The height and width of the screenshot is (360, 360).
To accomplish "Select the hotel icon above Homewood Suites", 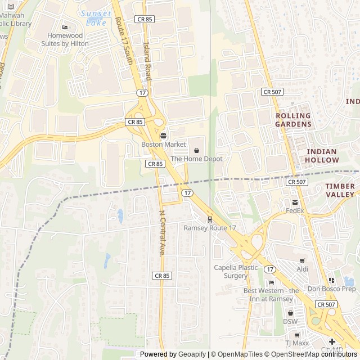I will (65, 27).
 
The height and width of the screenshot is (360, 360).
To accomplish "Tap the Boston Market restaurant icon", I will (163, 136).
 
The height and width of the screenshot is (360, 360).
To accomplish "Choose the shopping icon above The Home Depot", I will (196, 150).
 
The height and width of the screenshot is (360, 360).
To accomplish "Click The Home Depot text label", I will (196, 159).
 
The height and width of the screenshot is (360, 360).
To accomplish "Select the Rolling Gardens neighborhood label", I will (293, 120).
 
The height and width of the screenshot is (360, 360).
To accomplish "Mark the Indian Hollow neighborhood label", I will (322, 156).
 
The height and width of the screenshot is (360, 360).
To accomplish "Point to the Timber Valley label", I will (340, 190).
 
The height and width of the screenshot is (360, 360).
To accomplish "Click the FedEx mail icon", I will (294, 202).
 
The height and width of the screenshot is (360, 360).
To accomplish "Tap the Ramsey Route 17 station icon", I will (210, 219).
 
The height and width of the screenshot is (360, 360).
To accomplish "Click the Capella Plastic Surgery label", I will (235, 272).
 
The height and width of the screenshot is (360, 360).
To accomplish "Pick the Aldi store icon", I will (302, 261).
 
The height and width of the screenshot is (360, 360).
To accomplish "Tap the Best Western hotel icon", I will (271, 282).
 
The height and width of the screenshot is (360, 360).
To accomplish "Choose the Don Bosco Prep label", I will (331, 289).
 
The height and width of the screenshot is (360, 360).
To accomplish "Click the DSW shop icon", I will (290, 313).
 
